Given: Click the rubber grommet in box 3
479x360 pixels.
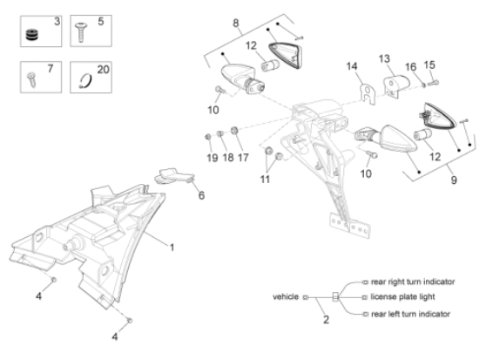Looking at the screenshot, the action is point(31,34).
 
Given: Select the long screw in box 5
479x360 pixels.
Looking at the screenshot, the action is point(81,32).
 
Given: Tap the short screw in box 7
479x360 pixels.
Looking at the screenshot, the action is point(31,79).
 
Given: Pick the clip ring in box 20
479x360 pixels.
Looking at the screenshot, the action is point(85,81).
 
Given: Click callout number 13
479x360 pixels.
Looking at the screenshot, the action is point(384,58).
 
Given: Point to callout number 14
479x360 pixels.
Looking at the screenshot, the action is point(352,66).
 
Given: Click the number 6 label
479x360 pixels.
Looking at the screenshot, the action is point(201,195).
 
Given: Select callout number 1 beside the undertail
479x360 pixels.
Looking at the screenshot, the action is point(172,248).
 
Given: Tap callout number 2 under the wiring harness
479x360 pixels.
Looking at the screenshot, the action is point(327,320).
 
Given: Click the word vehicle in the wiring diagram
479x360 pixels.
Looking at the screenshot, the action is point(286,296).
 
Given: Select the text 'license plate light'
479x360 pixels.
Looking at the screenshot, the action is point(402,297).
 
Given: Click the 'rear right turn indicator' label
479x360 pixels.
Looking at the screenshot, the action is point(413,282).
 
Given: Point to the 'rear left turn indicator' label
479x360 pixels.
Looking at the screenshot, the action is point(410,314).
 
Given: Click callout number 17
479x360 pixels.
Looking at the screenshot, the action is point(243,158).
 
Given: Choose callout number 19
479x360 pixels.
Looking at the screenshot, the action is point(213,158).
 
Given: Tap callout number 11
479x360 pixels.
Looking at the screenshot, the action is point(265,180).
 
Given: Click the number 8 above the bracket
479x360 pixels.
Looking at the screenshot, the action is point(236,24).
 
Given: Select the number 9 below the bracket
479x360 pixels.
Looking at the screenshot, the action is point(454,180).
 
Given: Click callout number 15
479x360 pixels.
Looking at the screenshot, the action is point(429,65).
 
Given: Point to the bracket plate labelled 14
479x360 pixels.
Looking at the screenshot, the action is point(368,94).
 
